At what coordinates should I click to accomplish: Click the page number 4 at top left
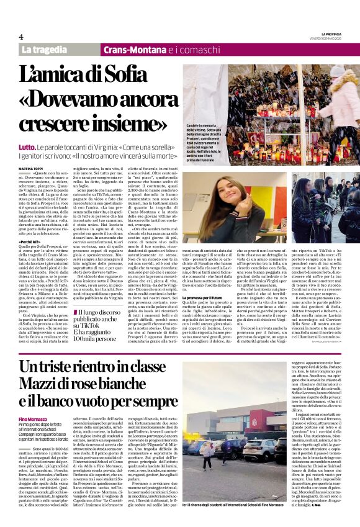pyautogui.click(x=20, y=37)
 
